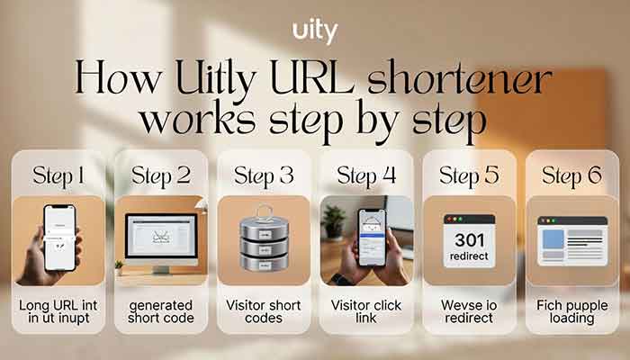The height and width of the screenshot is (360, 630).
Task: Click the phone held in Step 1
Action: click(x=58, y=238)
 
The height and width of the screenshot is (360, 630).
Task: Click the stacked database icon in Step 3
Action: click(x=264, y=240)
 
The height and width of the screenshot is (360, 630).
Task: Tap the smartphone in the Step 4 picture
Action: click(x=371, y=238)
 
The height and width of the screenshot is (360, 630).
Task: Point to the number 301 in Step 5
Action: click(x=470, y=240)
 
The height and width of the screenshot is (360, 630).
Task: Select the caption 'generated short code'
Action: click(x=161, y=311)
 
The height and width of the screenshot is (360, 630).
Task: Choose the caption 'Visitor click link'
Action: click(x=366, y=311)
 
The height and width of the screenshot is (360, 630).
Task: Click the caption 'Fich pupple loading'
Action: click(x=571, y=311)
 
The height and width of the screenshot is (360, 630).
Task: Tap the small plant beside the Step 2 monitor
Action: click(x=119, y=266)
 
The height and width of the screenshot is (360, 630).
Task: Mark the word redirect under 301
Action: click(x=470, y=257)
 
